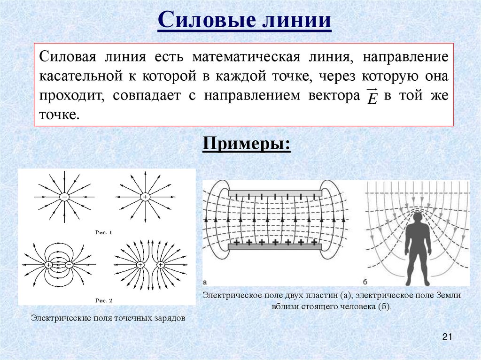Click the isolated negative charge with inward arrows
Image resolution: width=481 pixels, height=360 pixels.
click(65, 197)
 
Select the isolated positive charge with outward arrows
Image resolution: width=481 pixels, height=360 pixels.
click(145, 197)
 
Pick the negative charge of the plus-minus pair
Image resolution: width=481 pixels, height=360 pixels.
click(69, 265)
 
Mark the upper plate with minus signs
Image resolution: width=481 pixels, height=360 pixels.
click(275, 193)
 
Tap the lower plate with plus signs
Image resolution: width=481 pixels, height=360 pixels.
click(275, 246)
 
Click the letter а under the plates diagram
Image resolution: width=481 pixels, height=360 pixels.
click(205, 282)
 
